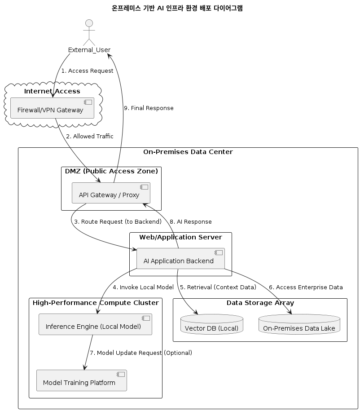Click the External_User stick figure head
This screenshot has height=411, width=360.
pyautogui.click(x=89, y=23)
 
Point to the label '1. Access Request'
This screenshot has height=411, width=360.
pyautogui.click(x=87, y=71)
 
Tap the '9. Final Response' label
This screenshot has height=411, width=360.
pyautogui.click(x=148, y=108)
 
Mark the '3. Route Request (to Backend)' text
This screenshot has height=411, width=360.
pyautogui.click(x=118, y=222)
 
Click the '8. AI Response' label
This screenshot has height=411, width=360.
pyautogui.click(x=190, y=222)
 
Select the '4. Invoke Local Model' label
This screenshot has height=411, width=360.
pyautogui.click(x=143, y=287)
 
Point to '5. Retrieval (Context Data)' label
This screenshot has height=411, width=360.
pyautogui.click(x=218, y=287)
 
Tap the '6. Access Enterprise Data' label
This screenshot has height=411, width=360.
pyautogui.click(x=305, y=287)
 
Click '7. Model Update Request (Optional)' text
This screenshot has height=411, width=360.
pyautogui.click(x=141, y=353)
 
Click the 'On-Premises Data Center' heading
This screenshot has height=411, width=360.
pyautogui.click(x=188, y=152)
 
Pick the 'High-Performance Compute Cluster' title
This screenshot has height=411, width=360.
pyautogui.click(x=96, y=303)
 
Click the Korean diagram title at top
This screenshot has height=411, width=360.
pyautogui.click(x=177, y=8)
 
